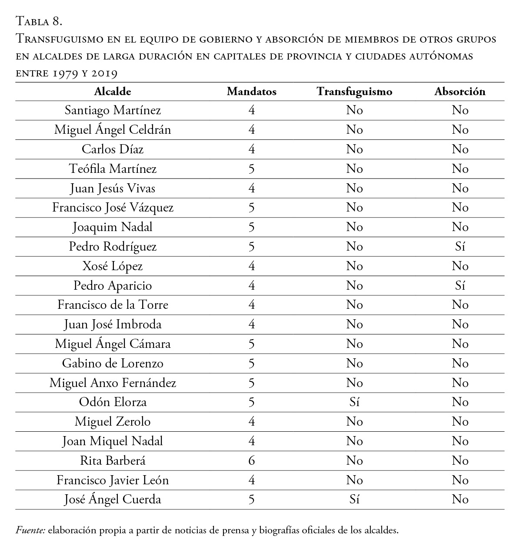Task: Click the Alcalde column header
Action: pyautogui.click(x=113, y=92)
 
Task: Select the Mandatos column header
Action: pyautogui.click(x=251, y=92)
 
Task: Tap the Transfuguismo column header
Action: pyautogui.click(x=354, y=92)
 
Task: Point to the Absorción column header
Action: pyautogui.click(x=460, y=92)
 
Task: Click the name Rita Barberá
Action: pyautogui.click(x=113, y=460)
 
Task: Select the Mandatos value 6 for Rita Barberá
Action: pyautogui.click(x=251, y=460)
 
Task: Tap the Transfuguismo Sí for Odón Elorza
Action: pyautogui.click(x=354, y=402)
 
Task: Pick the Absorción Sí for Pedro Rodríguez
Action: pyautogui.click(x=460, y=247)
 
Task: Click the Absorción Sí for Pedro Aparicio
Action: pyautogui.click(x=460, y=285)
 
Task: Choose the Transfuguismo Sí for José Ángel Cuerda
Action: pyautogui.click(x=354, y=499)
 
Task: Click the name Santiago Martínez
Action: pyautogui.click(x=113, y=110)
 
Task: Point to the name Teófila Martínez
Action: pyautogui.click(x=113, y=169)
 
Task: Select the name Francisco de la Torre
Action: pyautogui.click(x=113, y=305)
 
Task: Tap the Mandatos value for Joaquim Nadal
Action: pyautogui.click(x=251, y=227)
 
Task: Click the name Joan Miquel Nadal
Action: pyautogui.click(x=113, y=441)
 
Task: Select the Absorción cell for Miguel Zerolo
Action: pyautogui.click(x=460, y=422)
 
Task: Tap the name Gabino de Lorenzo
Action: pyautogui.click(x=113, y=363)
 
